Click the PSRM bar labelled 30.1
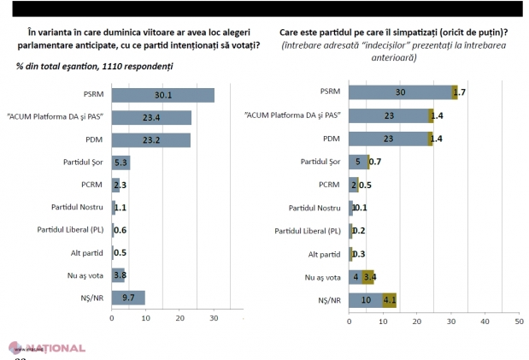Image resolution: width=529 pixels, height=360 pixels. click(162, 95)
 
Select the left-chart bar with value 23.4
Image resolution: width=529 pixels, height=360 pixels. click(151, 117)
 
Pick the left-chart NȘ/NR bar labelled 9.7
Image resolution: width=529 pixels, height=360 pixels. click(128, 297)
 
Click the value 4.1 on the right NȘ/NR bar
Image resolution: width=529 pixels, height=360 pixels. click(390, 300)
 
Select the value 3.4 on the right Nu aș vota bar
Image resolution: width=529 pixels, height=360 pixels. click(369, 277)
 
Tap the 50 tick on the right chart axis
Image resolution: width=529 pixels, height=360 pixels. click(518, 322)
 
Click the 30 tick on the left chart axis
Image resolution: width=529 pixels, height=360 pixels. click(214, 318)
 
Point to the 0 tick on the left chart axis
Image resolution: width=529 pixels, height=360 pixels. click(111, 318)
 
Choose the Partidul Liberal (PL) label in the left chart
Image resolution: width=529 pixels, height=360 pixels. click(70, 230)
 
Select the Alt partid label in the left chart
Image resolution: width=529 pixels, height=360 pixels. click(87, 252)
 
